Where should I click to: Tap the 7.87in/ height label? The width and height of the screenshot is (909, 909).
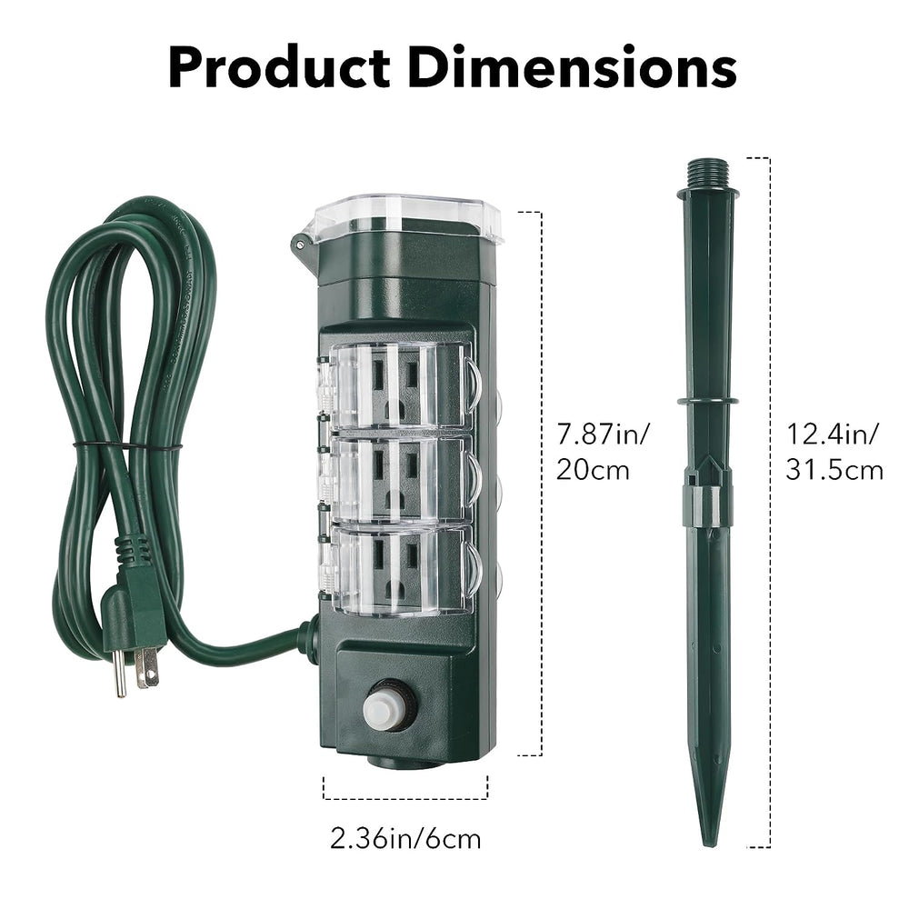pyautogui.click(x=603, y=435)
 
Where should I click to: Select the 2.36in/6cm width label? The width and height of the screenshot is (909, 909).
pyautogui.click(x=405, y=837)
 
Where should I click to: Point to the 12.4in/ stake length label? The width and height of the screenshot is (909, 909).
pyautogui.click(x=833, y=435)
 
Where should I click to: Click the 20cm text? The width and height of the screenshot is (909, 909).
pyautogui.click(x=594, y=470)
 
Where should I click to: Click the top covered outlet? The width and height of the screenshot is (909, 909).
pyautogui.click(x=400, y=386)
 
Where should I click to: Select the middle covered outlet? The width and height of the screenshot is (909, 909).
pyautogui.click(x=400, y=478)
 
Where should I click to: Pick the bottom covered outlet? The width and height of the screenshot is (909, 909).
pyautogui.click(x=400, y=569)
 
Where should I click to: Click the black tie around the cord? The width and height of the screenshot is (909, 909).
pyautogui.click(x=127, y=446)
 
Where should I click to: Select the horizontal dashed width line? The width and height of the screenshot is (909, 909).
pyautogui.click(x=405, y=798)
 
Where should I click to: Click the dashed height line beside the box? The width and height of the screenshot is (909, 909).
pyautogui.click(x=541, y=482)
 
